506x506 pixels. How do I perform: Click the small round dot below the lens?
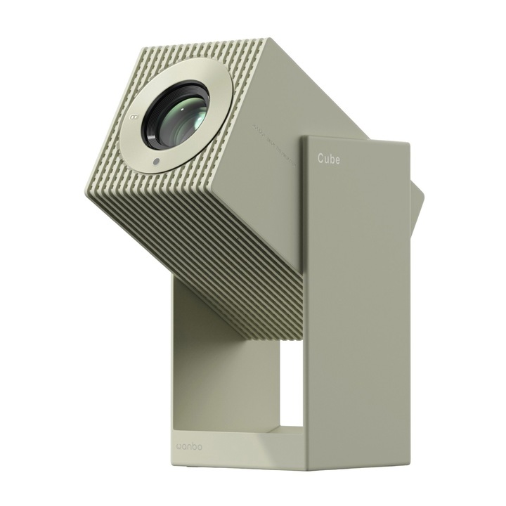(155, 162)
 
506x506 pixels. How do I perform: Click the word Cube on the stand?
(327, 160)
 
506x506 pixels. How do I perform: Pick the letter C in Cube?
(319, 160)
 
